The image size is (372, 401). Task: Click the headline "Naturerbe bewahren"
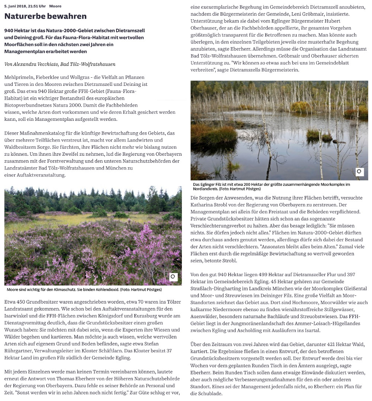pos(45,16)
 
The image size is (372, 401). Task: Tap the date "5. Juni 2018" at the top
pos(16,6)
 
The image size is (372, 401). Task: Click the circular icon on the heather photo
pos(173,277)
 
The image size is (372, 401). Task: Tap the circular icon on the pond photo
pos(359,172)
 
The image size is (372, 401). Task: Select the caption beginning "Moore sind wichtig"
pos(84,290)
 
